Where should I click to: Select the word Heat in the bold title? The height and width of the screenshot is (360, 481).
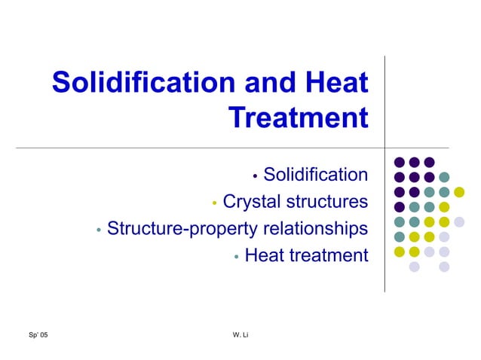click(333, 82)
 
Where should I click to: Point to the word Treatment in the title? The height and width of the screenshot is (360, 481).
click(298, 117)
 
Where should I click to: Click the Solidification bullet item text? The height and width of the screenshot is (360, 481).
click(315, 175)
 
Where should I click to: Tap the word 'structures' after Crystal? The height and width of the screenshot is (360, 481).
click(329, 202)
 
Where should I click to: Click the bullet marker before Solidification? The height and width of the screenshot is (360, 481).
click(256, 177)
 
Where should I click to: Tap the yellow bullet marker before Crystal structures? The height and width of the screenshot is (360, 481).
click(215, 203)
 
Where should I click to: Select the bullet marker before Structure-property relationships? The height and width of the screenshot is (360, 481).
click(99, 230)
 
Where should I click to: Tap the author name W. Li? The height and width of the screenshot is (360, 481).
click(241, 334)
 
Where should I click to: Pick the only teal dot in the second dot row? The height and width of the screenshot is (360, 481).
click(444, 177)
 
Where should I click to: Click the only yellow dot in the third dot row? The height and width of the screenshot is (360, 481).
click(459, 192)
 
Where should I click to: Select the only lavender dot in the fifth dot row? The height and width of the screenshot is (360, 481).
click(459, 221)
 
